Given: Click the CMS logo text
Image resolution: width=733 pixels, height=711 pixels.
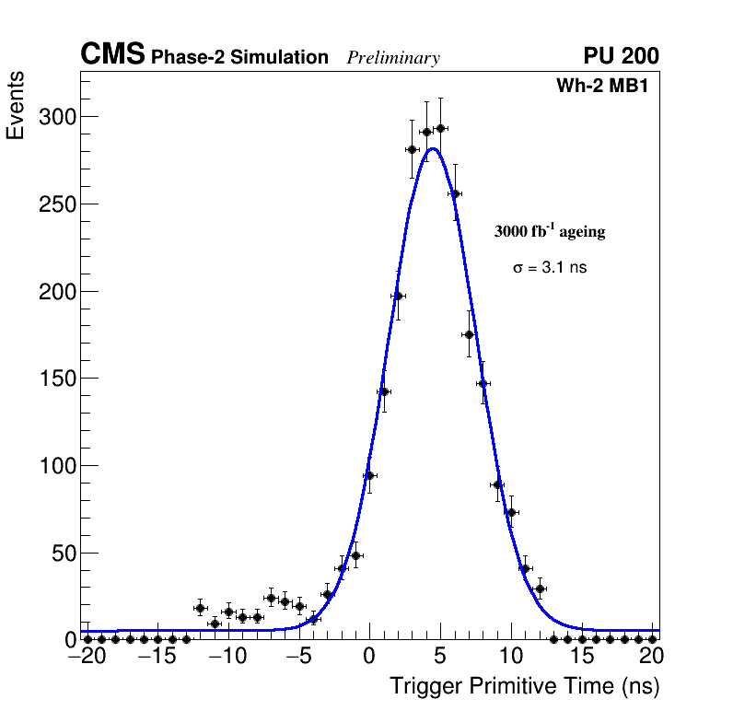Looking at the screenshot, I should pos(112,55).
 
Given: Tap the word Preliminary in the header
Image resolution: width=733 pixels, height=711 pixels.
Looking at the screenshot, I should pos(393,58).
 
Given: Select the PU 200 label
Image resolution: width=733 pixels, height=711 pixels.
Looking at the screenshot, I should pos(621,56).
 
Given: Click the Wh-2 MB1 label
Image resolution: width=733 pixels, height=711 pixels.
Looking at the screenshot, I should pos(607,87).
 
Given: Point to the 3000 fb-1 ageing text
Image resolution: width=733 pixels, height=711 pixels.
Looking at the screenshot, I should pos(550,231).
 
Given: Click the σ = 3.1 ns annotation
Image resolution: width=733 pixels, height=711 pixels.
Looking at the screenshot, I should pos(550,267).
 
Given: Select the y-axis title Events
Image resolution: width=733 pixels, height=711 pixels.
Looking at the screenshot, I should pos(16,107).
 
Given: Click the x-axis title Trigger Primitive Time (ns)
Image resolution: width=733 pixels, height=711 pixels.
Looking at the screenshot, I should pos(524,686).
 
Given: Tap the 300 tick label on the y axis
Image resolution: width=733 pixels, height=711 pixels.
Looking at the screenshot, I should pos(57,117).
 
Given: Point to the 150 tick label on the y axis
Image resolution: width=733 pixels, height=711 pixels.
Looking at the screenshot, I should pos(57,379).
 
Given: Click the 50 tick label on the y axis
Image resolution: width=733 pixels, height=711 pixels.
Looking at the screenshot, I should pos(63,554).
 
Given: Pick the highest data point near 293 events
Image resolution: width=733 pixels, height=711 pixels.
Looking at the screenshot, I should pos(440,128).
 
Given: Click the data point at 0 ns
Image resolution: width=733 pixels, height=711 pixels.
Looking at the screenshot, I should pos(369,475).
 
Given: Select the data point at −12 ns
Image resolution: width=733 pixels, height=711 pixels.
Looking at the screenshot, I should pos(200,608).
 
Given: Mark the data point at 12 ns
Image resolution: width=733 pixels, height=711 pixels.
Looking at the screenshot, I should pos(540,589).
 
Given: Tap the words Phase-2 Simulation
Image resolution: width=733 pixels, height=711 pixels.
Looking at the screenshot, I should pos(239,58).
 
